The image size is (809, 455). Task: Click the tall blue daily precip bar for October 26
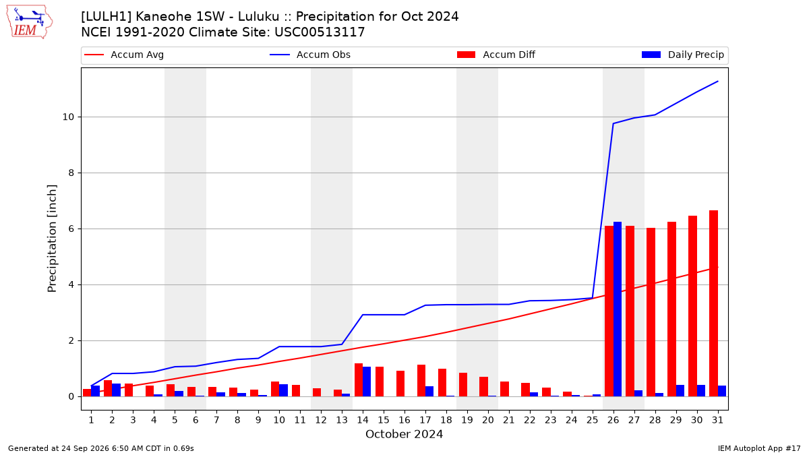[x=618, y=309]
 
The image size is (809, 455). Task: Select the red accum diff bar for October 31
[x=713, y=303]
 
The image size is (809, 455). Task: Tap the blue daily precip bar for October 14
[x=367, y=382]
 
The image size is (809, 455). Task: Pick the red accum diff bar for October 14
[x=358, y=380]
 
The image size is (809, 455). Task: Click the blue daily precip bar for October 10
[x=283, y=390]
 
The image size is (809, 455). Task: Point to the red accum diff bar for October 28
[x=651, y=312]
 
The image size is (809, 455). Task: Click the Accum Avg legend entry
[x=124, y=55]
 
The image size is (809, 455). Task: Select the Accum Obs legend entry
[x=310, y=55]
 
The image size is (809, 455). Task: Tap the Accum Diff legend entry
[x=496, y=55]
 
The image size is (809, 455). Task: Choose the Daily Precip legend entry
[x=682, y=55]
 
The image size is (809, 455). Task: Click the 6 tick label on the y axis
[x=71, y=229]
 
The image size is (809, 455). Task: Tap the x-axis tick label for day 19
[x=467, y=420]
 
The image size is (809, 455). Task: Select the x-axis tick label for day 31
[x=717, y=420]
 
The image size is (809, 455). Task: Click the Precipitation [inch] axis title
[x=52, y=239]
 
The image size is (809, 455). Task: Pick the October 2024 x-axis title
[x=404, y=434]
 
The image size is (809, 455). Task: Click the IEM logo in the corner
[x=30, y=22]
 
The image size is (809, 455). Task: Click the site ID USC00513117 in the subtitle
[x=320, y=32]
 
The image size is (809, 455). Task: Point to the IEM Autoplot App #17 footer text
[x=759, y=448]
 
